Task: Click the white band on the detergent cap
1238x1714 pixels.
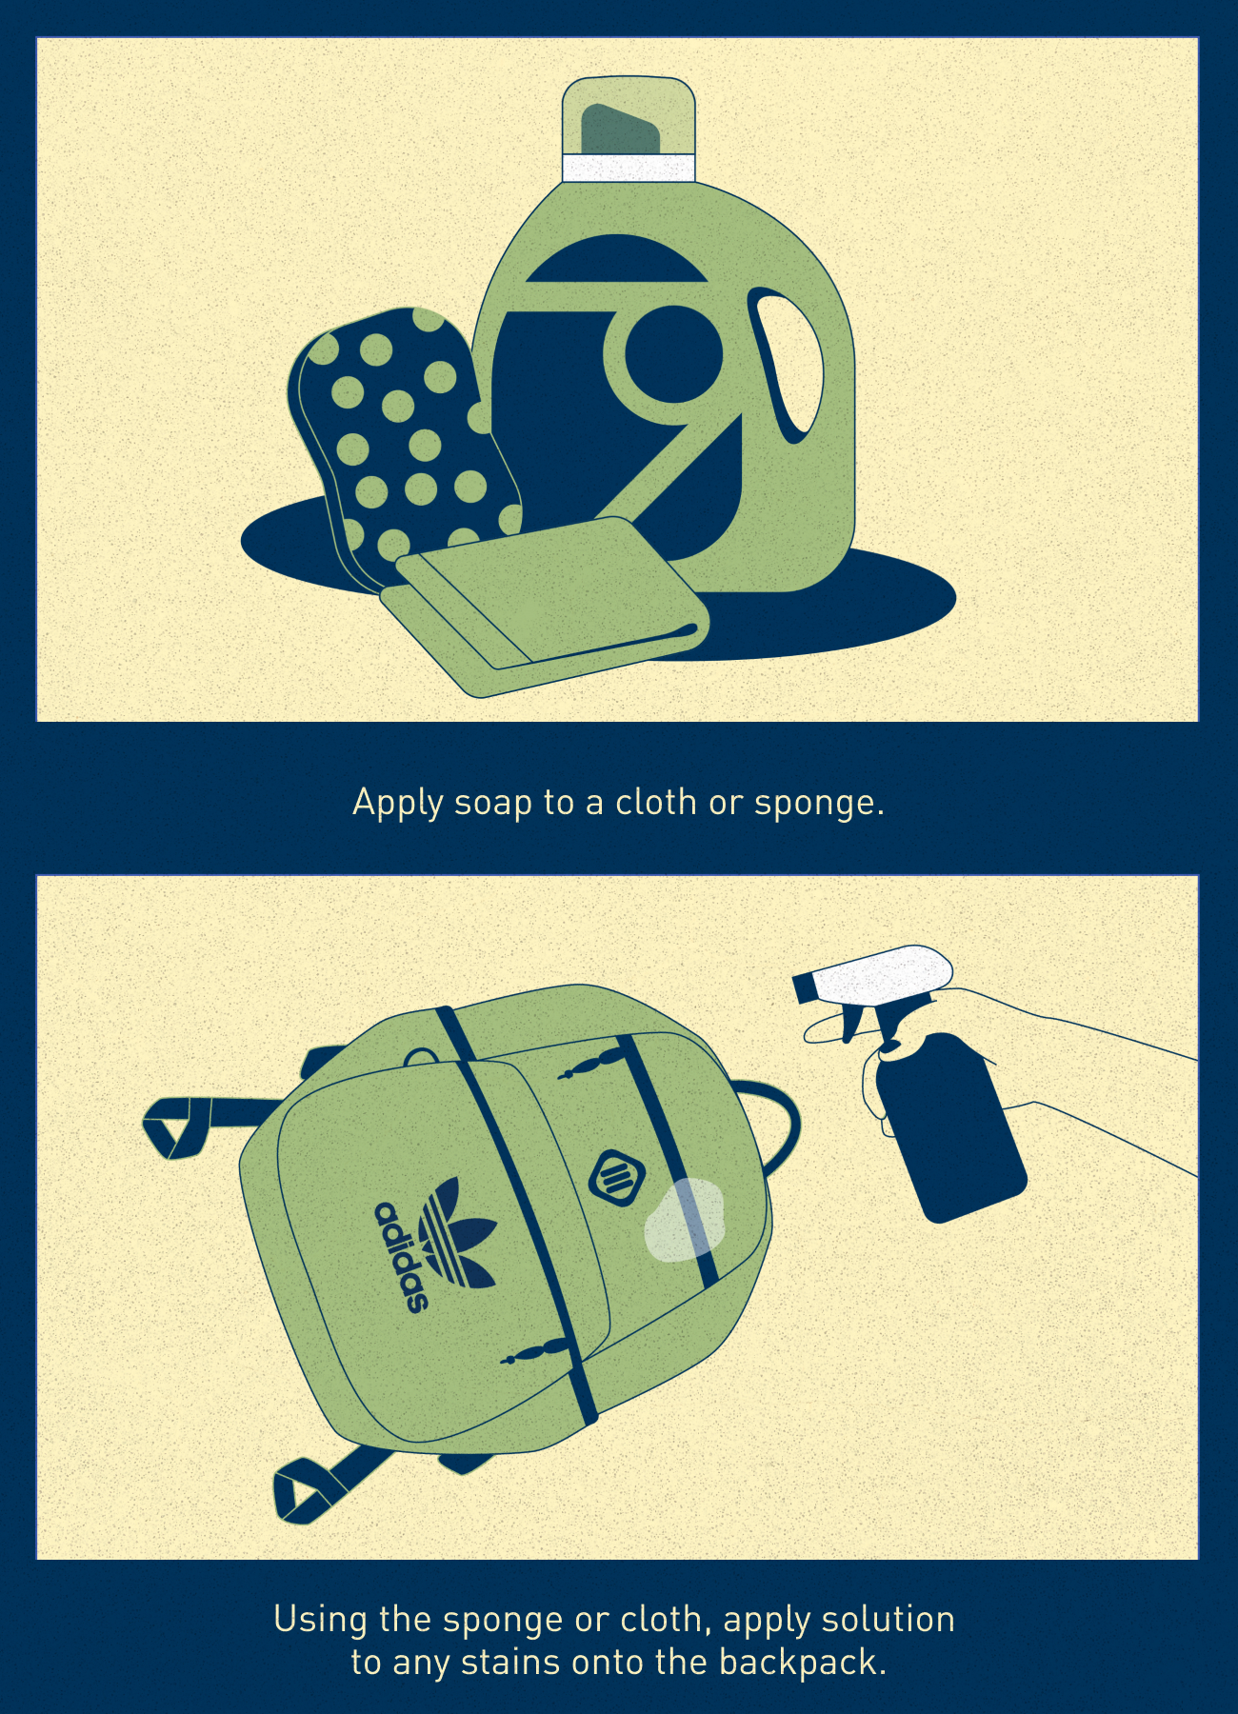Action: pyautogui.click(x=629, y=168)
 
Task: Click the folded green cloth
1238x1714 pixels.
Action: pyautogui.click(x=545, y=606)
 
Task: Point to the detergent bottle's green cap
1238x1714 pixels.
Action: pyautogui.click(x=629, y=116)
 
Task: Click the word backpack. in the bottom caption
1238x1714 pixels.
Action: pyautogui.click(x=802, y=1663)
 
